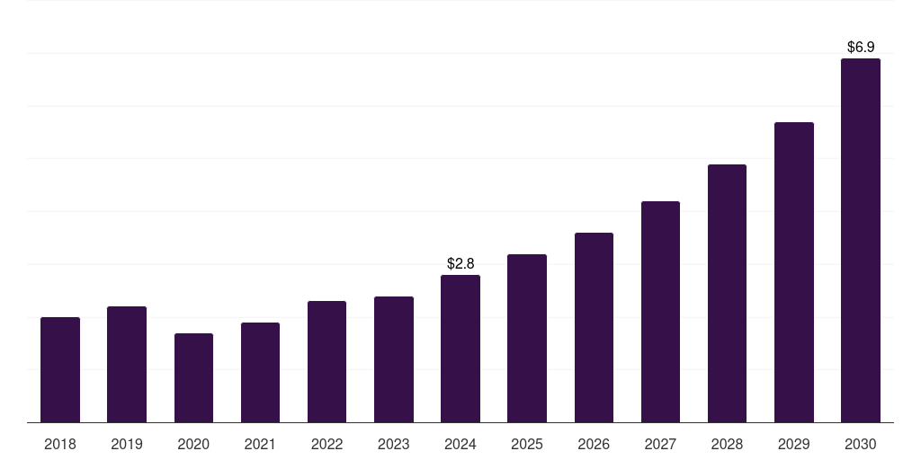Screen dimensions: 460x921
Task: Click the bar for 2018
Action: tap(60, 369)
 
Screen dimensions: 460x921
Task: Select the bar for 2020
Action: tap(193, 377)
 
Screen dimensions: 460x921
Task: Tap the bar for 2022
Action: tap(326, 361)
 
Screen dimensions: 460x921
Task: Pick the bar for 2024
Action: tap(460, 349)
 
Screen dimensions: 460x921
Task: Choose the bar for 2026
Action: tap(594, 327)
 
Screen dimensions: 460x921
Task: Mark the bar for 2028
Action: tap(727, 293)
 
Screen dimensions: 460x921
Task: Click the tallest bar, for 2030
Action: tap(861, 240)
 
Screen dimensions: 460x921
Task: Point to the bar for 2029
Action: tap(794, 272)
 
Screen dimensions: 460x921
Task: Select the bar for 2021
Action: tap(260, 372)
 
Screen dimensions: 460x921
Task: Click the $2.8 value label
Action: tap(460, 263)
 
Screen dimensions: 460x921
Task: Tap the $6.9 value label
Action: tap(861, 47)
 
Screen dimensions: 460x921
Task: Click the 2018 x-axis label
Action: tap(60, 444)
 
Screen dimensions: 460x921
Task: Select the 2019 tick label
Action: tap(127, 444)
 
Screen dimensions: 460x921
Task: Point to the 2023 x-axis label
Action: tap(394, 444)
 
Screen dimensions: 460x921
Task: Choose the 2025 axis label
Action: tap(527, 444)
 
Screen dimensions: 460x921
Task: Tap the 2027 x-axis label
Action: tap(660, 444)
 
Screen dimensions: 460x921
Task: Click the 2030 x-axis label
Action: tap(861, 444)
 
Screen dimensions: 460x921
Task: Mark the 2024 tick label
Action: tap(460, 444)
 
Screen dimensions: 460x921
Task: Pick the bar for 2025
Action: tap(527, 338)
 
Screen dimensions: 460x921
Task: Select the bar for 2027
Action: tap(660, 312)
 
